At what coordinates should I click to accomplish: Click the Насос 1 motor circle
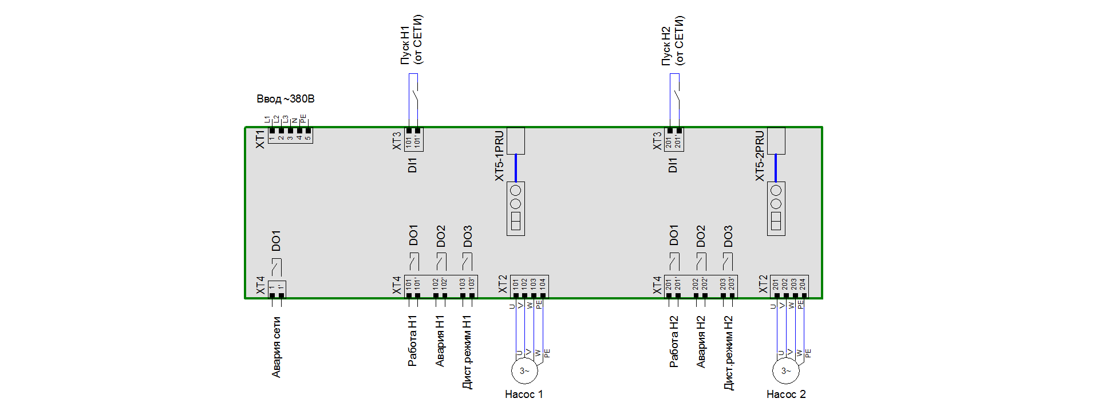click(x=524, y=371)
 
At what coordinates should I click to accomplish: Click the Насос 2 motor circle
click(x=785, y=371)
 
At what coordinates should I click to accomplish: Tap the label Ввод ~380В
click(x=285, y=99)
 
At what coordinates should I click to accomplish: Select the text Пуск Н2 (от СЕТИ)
click(x=673, y=40)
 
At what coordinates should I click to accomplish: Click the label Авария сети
click(x=277, y=347)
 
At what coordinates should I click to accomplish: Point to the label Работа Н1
click(x=412, y=340)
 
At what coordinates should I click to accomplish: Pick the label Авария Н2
click(x=701, y=341)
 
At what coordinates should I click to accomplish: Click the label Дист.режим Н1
click(x=467, y=352)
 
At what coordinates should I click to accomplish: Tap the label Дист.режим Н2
click(x=728, y=352)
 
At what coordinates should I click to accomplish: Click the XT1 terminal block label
click(x=260, y=139)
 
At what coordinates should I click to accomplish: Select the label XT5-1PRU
click(x=499, y=156)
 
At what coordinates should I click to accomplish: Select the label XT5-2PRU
click(x=760, y=156)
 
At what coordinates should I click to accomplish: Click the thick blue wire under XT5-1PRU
click(x=516, y=168)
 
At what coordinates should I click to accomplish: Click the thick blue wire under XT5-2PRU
click(x=776, y=168)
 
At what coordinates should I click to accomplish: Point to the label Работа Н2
click(x=674, y=341)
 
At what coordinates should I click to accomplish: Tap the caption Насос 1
click(x=524, y=394)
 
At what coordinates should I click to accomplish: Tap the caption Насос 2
click(x=785, y=394)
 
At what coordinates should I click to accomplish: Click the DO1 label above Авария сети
click(x=277, y=241)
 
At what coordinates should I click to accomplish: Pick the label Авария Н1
click(x=440, y=341)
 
